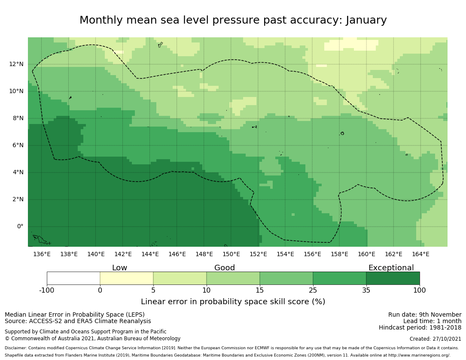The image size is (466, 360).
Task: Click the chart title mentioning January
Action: [x=233, y=20]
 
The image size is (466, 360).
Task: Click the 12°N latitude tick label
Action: [x=16, y=64]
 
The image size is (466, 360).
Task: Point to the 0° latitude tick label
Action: [x=20, y=227]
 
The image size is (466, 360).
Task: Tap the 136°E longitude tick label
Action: [x=42, y=254]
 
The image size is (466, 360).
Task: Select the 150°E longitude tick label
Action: [x=231, y=254]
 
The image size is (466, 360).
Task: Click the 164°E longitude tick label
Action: [x=420, y=254]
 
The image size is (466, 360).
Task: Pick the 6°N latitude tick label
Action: [x=18, y=145]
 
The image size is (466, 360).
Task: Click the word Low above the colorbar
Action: [x=119, y=268]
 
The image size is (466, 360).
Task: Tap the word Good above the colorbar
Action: [x=225, y=268]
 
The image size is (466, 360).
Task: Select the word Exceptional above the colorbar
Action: [x=391, y=268]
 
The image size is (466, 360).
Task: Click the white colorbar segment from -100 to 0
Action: [x=73, y=278]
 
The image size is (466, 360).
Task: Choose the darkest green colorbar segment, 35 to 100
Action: [x=393, y=278]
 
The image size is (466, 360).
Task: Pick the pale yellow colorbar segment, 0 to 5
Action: [x=127, y=278]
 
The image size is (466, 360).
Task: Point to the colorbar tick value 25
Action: [x=313, y=290]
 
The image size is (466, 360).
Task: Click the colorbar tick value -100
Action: [x=47, y=290]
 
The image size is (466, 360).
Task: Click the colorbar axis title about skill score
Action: [x=233, y=302]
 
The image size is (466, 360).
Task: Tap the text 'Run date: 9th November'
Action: [x=425, y=315]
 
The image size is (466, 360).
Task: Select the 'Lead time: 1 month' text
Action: [x=432, y=321]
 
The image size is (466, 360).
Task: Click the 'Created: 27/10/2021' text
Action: [x=436, y=339]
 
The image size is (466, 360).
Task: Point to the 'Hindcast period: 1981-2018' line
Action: [x=420, y=328]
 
